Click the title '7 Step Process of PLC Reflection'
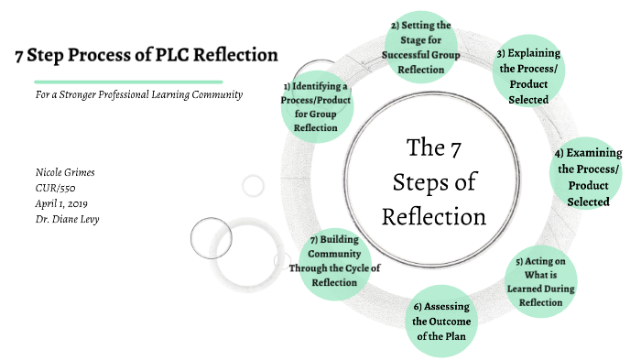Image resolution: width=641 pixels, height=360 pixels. (x=147, y=55)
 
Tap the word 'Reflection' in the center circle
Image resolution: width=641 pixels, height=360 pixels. (x=433, y=217)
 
